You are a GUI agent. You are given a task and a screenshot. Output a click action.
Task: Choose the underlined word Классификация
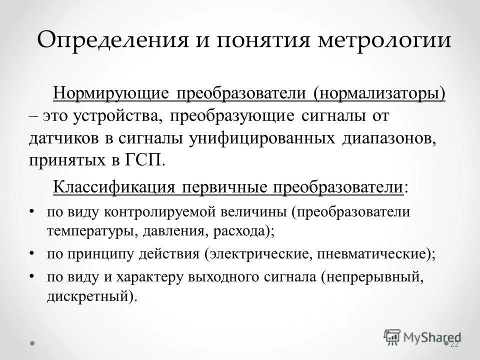click(x=112, y=187)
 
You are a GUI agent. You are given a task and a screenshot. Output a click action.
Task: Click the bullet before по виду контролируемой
click(x=32, y=211)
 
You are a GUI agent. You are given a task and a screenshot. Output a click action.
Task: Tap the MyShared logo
click(x=422, y=336)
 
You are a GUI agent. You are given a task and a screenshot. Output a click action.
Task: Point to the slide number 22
click(x=454, y=344)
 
